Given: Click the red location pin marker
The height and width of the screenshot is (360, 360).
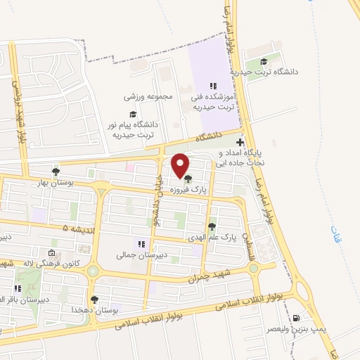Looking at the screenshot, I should [181, 166].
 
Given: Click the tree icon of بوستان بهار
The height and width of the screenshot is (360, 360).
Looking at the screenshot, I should [56, 171].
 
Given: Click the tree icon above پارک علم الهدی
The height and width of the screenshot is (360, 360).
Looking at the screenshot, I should [212, 226].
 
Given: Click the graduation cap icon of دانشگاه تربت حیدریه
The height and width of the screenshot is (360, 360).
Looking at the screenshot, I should [264, 62].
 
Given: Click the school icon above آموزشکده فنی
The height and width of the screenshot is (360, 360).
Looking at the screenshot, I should [213, 86].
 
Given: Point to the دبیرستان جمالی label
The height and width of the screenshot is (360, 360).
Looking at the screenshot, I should [141, 257].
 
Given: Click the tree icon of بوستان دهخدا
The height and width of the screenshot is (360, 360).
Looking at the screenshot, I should [94, 300].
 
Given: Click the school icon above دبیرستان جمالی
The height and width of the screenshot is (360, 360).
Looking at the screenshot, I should [141, 245].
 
